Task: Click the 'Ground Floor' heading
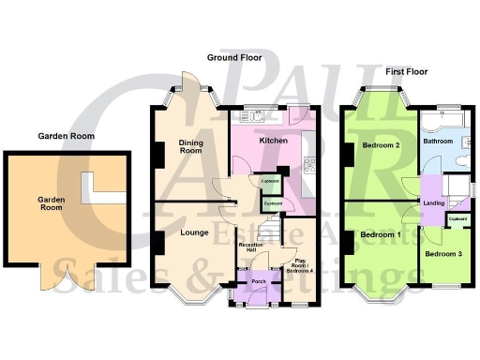[233, 58]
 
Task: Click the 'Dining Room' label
[191, 145]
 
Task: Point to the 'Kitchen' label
[273, 141]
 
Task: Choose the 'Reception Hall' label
[248, 248]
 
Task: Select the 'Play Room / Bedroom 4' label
[301, 266]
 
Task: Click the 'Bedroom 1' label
[381, 233]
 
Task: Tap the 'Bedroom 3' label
[442, 253]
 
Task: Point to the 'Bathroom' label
[437, 142]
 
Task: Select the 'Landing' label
[433, 202]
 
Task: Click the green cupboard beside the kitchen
[268, 181]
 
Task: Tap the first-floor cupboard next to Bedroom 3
[457, 219]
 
